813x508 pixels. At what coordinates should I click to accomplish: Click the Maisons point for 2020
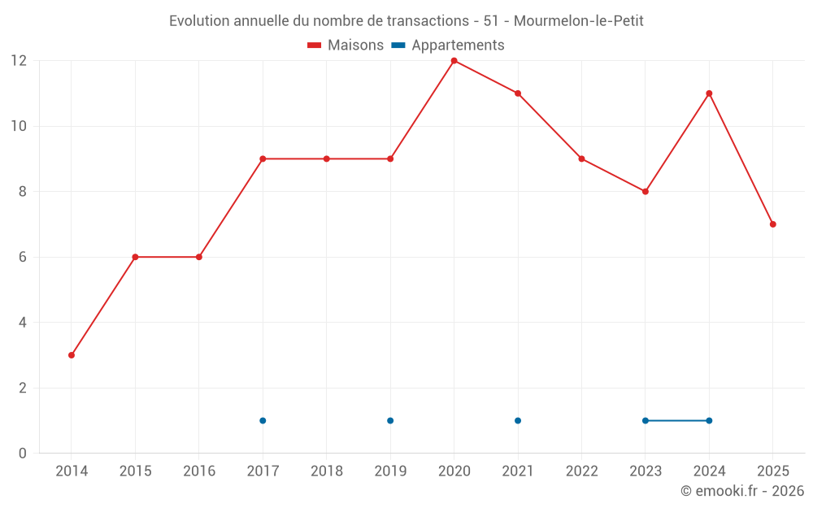coord(454,61)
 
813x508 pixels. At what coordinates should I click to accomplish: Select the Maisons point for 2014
coord(72,355)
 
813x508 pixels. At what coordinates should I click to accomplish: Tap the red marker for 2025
coord(772,224)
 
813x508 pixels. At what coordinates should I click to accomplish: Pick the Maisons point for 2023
coord(645,192)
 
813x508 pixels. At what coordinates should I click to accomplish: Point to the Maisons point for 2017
coord(263,158)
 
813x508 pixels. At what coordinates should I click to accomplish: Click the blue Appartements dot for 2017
coord(263,420)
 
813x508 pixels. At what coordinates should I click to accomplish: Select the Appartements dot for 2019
coord(390,420)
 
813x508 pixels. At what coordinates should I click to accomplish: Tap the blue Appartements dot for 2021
coord(518,420)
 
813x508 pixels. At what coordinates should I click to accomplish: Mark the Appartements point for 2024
coord(709,420)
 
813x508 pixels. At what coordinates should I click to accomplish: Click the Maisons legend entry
coord(346,46)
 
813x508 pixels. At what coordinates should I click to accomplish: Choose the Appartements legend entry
coord(449,46)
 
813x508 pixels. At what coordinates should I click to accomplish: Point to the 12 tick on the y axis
coord(19,61)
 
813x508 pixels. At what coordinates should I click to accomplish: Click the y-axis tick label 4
coord(23,323)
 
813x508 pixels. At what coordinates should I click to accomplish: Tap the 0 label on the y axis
coord(23,453)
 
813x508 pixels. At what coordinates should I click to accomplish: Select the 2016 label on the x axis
coord(199,471)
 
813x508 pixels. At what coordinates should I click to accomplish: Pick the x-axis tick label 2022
coord(581,471)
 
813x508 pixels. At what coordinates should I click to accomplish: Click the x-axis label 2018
coord(327,471)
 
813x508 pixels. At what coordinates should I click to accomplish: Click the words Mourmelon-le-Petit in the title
coord(578,21)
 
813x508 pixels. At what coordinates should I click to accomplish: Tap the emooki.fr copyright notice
coord(741,491)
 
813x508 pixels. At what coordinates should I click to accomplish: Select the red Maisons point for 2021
coord(518,93)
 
